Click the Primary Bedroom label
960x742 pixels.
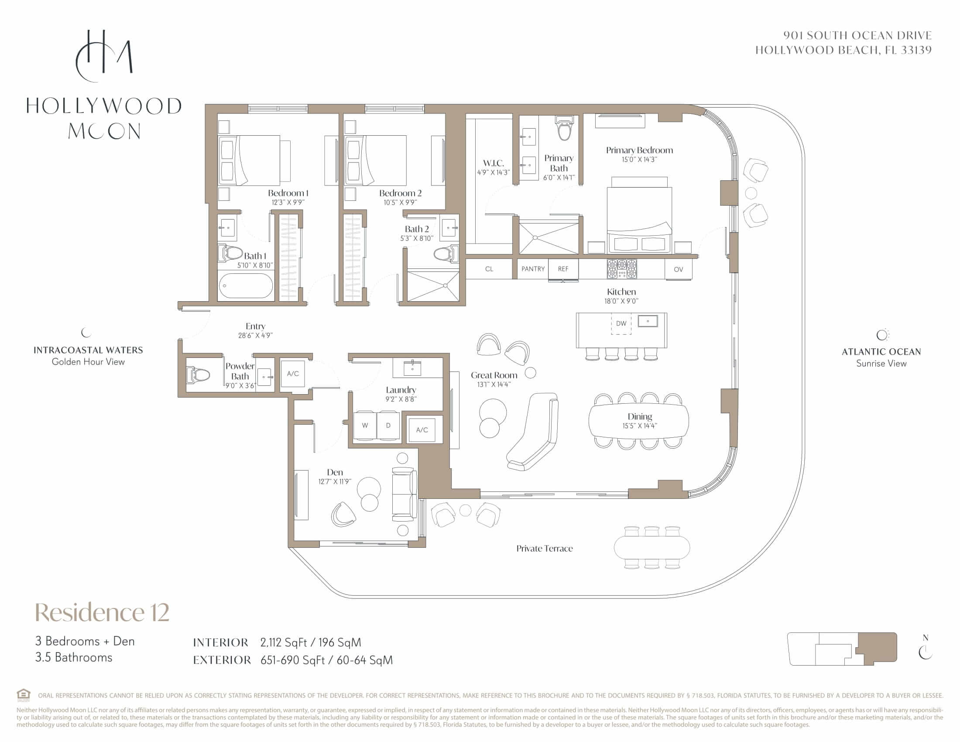(639, 150)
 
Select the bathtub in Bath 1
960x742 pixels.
(246, 286)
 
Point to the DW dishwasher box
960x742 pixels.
(621, 323)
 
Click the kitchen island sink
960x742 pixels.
(648, 321)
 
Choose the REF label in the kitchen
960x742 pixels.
(563, 269)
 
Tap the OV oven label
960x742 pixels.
(678, 269)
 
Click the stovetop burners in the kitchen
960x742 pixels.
(621, 268)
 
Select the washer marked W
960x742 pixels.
(364, 426)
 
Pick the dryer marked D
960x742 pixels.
(388, 426)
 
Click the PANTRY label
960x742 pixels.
(533, 269)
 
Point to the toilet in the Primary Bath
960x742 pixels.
(564, 128)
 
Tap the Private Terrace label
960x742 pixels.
(544, 549)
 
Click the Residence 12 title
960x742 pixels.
(102, 612)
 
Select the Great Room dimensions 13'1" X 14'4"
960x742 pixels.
(494, 385)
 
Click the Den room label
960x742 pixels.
(335, 472)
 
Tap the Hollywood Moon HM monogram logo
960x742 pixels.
(104, 56)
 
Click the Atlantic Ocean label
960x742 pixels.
(881, 352)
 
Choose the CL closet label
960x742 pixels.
(489, 269)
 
